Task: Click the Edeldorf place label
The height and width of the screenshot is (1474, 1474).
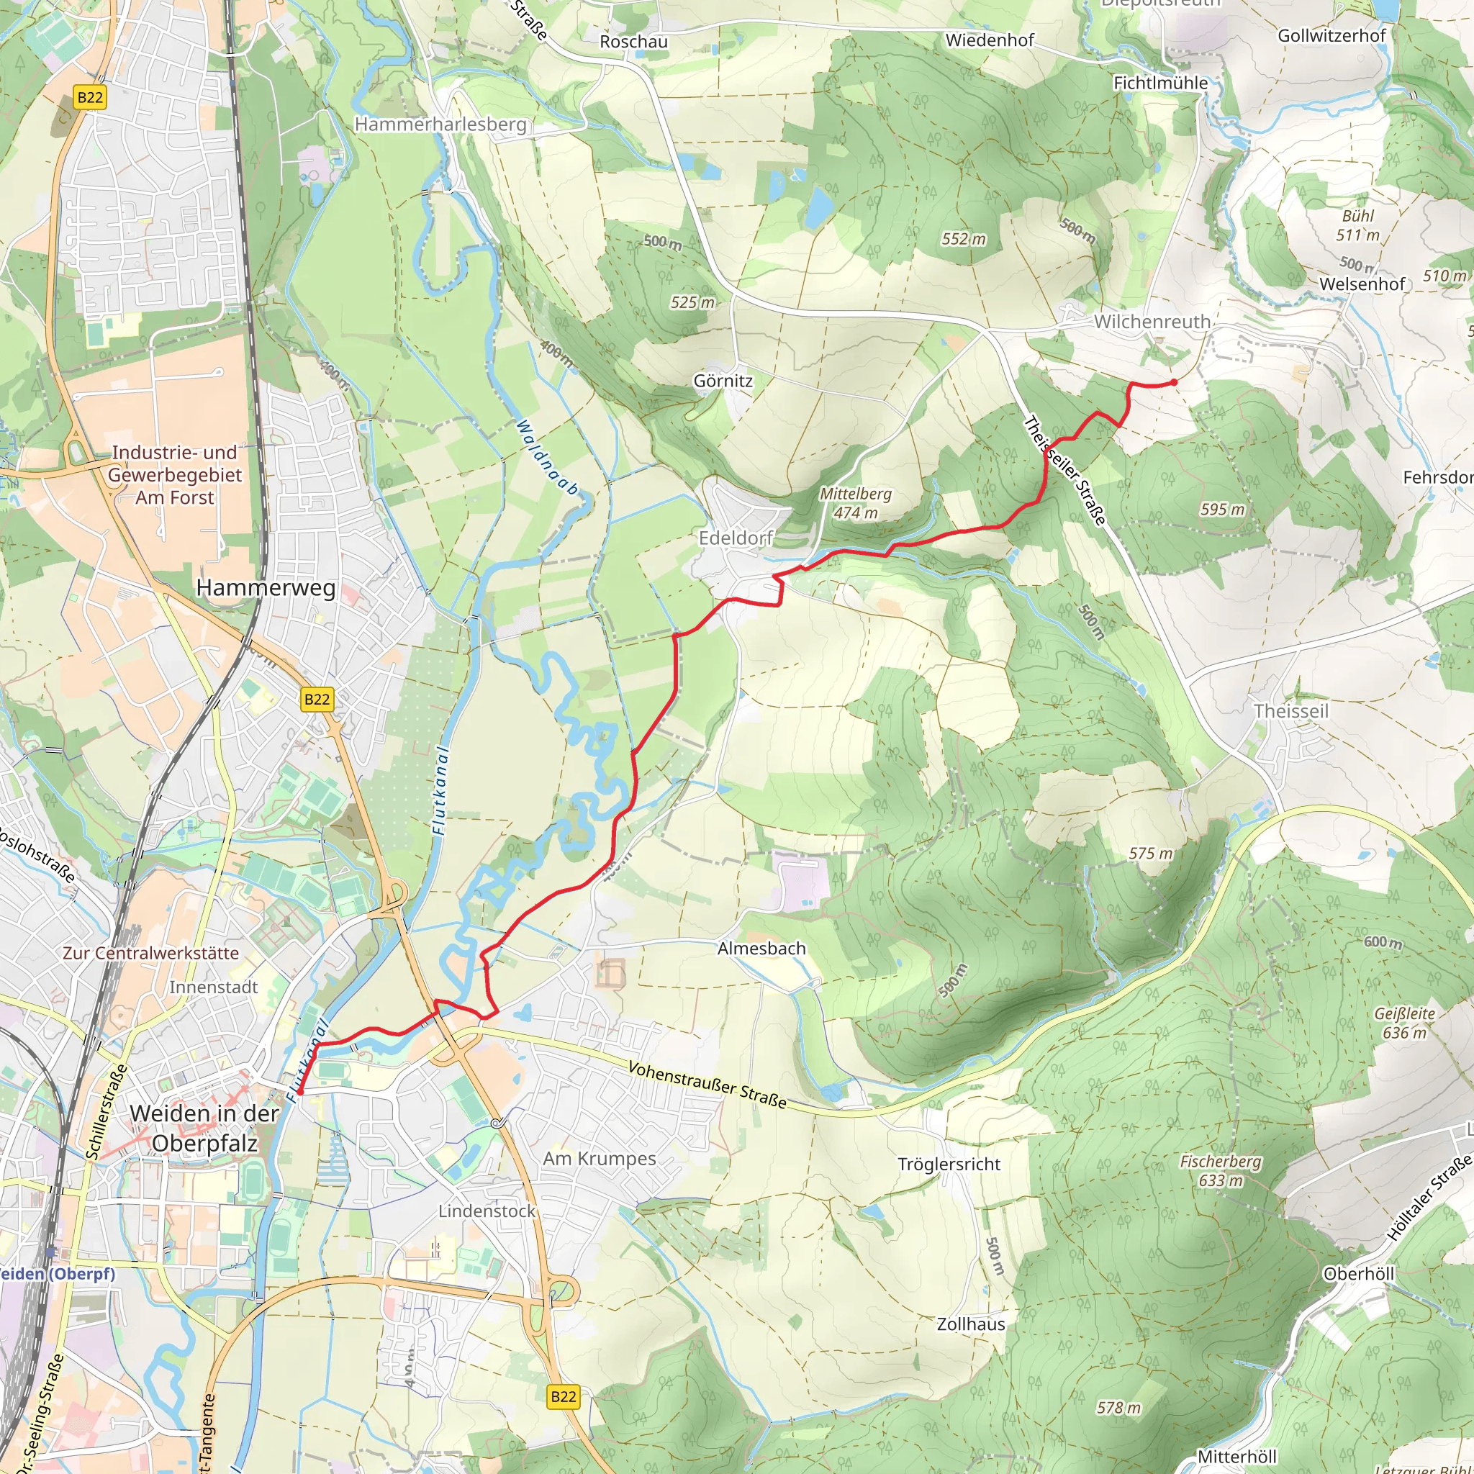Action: pyautogui.click(x=736, y=538)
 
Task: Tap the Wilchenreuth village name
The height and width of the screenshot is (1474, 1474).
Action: pyautogui.click(x=1152, y=321)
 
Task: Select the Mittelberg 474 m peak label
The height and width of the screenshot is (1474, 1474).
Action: pyautogui.click(x=855, y=503)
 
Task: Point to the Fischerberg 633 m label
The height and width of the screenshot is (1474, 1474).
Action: pyautogui.click(x=1220, y=1170)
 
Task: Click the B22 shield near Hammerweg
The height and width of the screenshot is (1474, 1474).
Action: pyautogui.click(x=317, y=699)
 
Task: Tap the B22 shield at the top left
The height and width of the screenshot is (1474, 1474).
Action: pyautogui.click(x=90, y=97)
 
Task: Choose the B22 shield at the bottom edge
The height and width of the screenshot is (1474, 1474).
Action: pyautogui.click(x=563, y=1396)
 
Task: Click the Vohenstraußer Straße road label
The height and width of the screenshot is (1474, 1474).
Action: pyautogui.click(x=707, y=1084)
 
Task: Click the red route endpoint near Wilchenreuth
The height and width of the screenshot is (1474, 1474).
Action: pyautogui.click(x=1173, y=382)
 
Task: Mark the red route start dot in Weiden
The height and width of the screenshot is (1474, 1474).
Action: pyautogui.click(x=300, y=1093)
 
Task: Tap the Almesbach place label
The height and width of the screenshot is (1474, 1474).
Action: pyautogui.click(x=761, y=949)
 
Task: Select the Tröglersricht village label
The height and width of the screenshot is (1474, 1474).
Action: pyautogui.click(x=949, y=1165)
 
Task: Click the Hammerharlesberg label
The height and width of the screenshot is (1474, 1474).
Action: pyautogui.click(x=440, y=124)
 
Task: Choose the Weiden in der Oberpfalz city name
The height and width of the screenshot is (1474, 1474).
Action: pyautogui.click(x=204, y=1128)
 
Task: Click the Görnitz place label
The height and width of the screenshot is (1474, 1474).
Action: pyautogui.click(x=723, y=380)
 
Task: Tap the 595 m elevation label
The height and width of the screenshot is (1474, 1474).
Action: pyautogui.click(x=1221, y=509)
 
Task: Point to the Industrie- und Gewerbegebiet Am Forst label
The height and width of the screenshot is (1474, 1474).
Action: pyautogui.click(x=175, y=474)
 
